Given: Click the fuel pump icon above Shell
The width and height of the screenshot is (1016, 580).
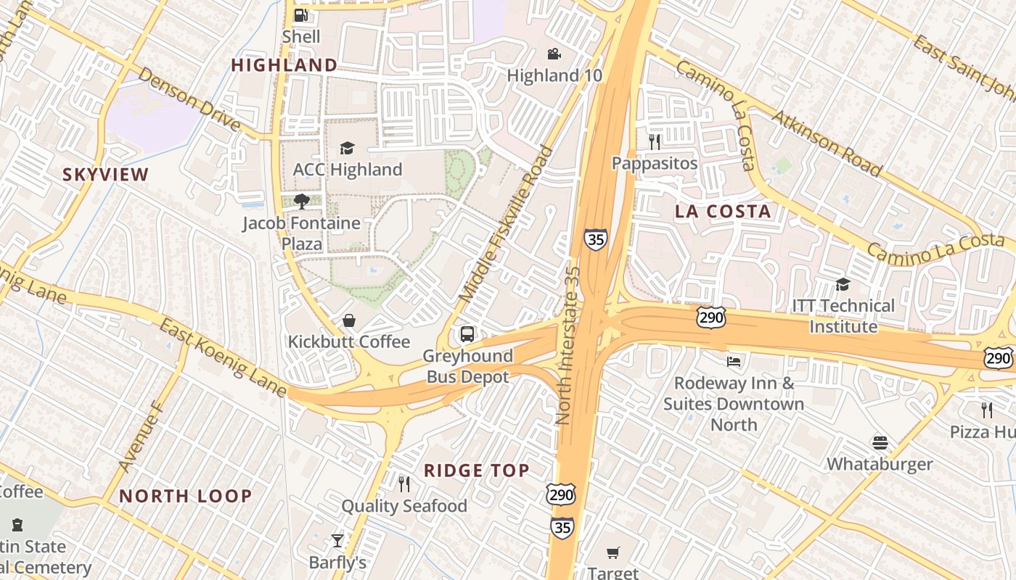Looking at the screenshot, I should point(300,15).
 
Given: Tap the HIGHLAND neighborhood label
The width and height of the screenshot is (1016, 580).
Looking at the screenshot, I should point(284,65).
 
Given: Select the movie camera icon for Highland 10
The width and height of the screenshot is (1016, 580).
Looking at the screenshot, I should point(554,54).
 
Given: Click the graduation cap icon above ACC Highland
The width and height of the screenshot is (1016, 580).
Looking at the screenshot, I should point(347,149).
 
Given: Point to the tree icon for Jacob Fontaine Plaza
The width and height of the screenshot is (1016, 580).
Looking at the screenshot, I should point(301,202).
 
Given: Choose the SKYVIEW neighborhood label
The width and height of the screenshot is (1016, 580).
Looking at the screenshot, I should point(105,175).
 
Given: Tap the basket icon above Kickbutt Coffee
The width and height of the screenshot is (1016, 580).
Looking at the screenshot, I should point(349,320).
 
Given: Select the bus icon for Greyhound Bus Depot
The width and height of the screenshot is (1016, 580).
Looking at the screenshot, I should point(467,334).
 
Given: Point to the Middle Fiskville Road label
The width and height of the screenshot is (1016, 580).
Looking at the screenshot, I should point(507,225).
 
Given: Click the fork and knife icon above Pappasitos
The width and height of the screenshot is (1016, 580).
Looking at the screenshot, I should point(655,141).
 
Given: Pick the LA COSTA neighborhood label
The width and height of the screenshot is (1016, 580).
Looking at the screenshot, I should point(723,212).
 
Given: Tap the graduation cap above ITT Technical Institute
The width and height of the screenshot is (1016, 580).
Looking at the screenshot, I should point(843,284).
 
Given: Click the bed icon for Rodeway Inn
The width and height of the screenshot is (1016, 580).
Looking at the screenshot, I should point(734,361).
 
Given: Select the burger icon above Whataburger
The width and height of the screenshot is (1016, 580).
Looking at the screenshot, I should point(880,442).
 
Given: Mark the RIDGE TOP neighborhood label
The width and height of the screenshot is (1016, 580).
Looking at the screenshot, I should point(477,471).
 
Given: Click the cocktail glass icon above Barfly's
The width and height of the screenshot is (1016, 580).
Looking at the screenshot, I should point(337,540).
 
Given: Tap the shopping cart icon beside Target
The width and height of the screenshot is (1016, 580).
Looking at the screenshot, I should point(613,553).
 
